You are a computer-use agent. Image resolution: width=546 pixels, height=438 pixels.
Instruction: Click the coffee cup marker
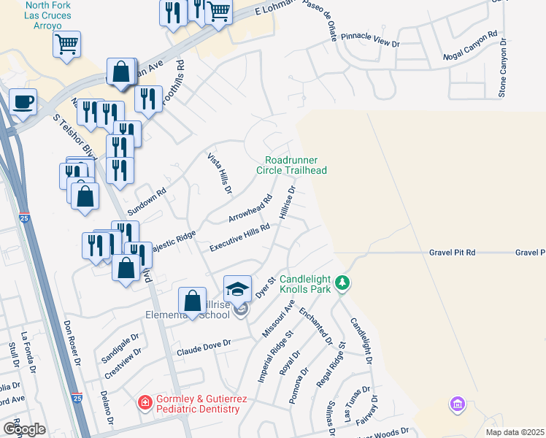[x=23, y=101]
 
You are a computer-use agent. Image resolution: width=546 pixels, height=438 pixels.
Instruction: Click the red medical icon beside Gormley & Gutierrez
[x=145, y=402]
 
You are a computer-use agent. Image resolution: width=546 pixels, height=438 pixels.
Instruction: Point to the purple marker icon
[x=458, y=404]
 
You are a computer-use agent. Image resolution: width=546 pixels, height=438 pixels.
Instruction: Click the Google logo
[x=24, y=429]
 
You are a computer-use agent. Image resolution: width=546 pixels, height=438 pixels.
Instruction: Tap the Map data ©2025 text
[x=515, y=431]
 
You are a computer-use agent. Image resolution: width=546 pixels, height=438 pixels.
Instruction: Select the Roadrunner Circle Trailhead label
[x=291, y=165]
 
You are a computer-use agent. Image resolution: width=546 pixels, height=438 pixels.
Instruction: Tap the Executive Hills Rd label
[x=240, y=238]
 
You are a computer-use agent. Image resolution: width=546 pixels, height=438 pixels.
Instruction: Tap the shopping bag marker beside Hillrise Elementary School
[x=192, y=301]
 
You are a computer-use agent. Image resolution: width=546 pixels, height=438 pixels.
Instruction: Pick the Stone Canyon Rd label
[x=503, y=68]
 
